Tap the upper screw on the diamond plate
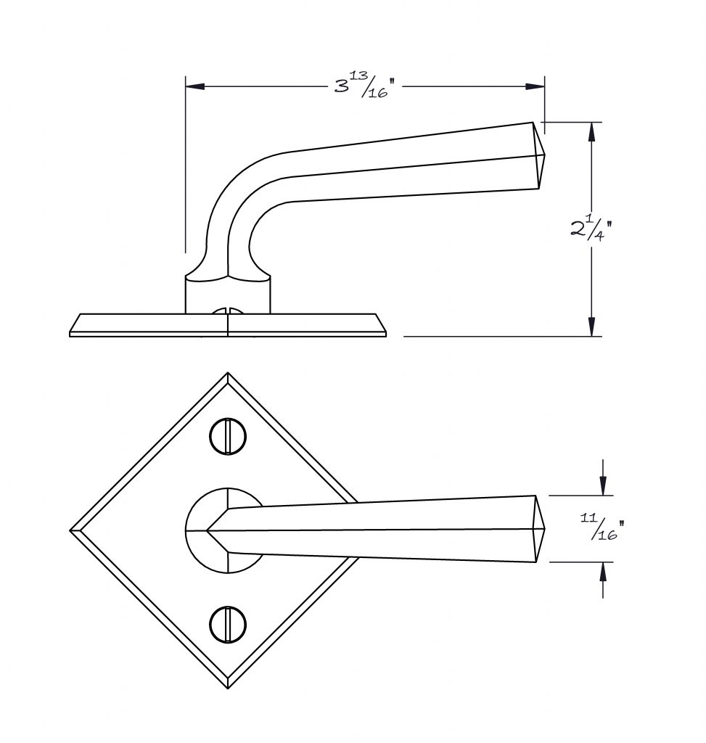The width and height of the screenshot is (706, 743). click(227, 436)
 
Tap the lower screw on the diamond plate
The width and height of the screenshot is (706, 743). click(227, 625)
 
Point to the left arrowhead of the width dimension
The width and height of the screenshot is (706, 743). click(194, 87)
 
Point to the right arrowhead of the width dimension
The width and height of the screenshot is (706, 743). click(535, 87)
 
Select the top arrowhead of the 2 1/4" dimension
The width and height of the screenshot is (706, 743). click(591, 132)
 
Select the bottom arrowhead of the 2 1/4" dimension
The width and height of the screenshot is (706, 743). click(591, 327)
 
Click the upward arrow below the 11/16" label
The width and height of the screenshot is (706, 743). click(603, 580)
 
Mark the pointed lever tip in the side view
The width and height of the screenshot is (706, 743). click(545, 154)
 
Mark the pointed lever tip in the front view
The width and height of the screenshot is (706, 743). click(545, 529)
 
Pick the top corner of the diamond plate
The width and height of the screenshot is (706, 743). click(227, 373)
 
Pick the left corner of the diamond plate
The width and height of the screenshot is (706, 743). click(70, 530)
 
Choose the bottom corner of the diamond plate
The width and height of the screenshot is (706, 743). click(228, 688)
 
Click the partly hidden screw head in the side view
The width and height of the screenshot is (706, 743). click(228, 311)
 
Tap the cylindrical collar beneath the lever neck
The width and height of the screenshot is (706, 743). click(228, 295)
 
